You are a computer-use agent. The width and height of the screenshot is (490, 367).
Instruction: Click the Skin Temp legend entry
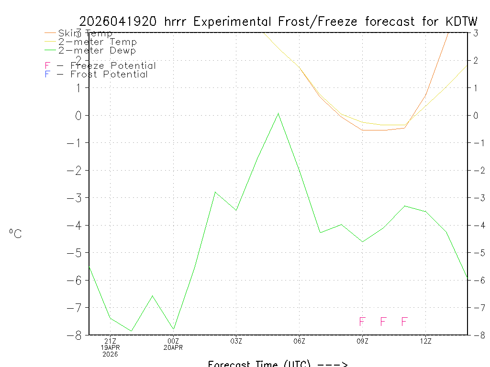click(x=85, y=33)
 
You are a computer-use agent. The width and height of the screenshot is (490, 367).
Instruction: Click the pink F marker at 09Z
click(x=362, y=322)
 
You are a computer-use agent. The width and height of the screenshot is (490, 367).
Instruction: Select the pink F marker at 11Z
click(x=404, y=322)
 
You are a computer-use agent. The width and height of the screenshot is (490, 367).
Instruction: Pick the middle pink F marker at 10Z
click(x=383, y=322)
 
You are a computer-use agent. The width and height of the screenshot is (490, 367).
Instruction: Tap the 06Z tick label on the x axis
click(x=299, y=341)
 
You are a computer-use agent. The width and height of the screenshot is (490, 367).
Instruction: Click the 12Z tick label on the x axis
click(x=425, y=341)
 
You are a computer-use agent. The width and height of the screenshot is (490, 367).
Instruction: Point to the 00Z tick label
click(x=173, y=341)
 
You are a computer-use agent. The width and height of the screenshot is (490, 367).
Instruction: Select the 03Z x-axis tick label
click(x=236, y=341)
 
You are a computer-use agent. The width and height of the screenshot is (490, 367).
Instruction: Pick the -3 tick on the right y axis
click(x=475, y=198)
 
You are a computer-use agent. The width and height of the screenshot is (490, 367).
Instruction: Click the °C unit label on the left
click(x=15, y=234)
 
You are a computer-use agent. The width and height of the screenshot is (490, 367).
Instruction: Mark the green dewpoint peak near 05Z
click(x=278, y=114)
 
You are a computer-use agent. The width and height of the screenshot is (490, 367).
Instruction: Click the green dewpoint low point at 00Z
click(x=173, y=329)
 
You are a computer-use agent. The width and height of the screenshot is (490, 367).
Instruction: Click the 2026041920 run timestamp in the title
click(x=118, y=22)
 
